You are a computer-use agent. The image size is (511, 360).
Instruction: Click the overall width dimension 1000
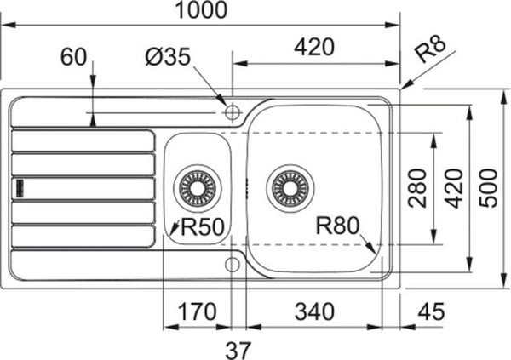click(204, 12)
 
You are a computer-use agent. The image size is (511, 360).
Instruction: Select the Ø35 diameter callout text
click(169, 57)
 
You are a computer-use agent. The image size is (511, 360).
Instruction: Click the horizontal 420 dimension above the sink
click(313, 49)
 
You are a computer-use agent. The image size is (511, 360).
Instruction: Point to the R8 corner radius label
click(432, 53)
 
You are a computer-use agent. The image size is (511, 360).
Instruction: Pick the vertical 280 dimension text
click(417, 188)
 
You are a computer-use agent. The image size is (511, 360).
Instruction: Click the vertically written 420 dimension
click(454, 188)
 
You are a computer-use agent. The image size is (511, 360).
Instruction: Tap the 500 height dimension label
click(489, 188)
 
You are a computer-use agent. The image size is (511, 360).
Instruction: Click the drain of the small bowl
click(197, 186)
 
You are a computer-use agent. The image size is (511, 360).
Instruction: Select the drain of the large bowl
click(290, 186)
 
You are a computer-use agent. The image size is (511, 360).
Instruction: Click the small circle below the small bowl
click(232, 264)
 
